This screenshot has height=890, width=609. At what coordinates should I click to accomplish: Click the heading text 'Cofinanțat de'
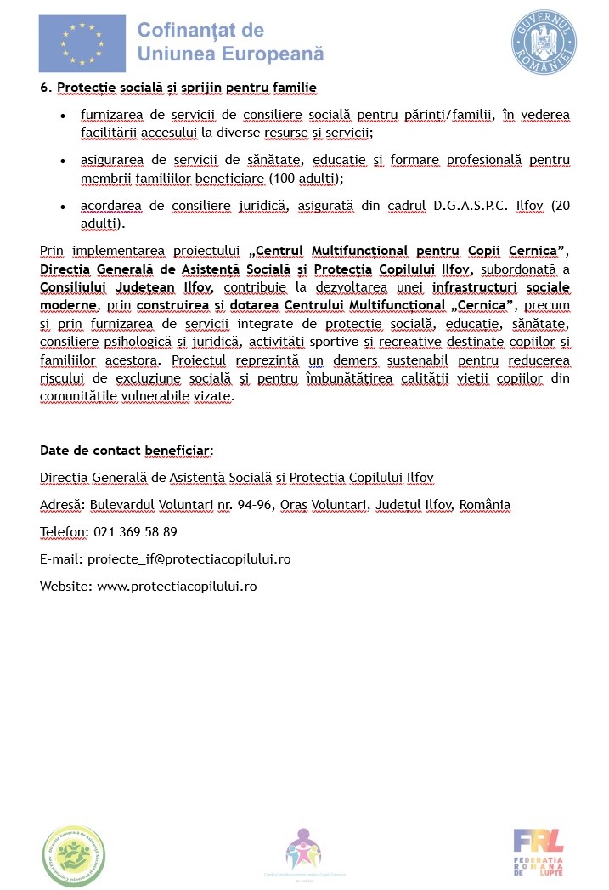click(x=201, y=31)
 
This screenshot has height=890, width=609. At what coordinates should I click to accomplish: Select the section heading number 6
click(x=43, y=88)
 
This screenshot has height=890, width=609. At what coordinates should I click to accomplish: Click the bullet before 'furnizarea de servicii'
click(x=64, y=115)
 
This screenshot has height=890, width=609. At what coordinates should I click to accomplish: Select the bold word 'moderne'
click(x=68, y=305)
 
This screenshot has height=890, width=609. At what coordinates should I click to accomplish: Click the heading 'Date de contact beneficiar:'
click(x=127, y=451)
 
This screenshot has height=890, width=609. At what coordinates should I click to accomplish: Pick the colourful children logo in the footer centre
click(x=303, y=848)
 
